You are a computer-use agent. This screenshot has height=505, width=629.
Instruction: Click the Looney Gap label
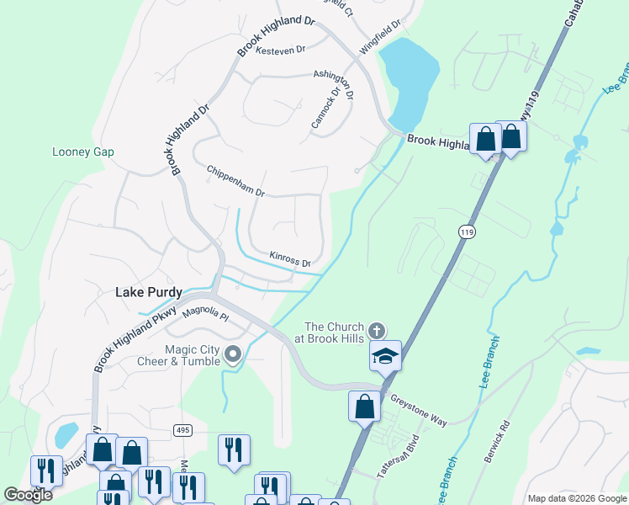[82, 152]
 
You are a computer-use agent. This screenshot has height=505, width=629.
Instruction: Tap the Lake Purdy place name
[149, 293]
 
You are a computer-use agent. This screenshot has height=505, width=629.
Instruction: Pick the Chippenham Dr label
[235, 181]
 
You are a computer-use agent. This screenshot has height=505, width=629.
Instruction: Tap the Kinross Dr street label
[290, 258]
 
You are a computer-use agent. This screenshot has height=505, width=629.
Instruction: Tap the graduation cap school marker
[385, 356]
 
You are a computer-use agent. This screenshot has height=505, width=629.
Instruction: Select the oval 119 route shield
[465, 231]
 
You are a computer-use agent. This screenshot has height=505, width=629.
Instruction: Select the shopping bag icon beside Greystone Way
[364, 407]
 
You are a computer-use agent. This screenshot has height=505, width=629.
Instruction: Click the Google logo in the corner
[29, 495]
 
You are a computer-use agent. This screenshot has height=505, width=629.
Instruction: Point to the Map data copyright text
[576, 498]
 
